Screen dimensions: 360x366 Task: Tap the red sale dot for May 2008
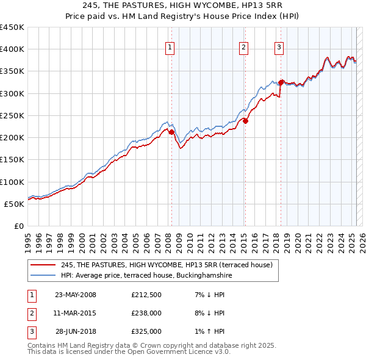(171, 132)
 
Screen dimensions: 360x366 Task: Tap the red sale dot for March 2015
(245, 121)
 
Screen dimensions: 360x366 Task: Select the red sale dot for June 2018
(281, 82)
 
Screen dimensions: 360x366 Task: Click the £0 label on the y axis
(18, 226)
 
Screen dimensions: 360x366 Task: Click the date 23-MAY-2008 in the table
(76, 295)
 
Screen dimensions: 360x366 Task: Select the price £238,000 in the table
(146, 314)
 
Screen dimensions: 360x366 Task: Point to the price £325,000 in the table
(146, 331)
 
